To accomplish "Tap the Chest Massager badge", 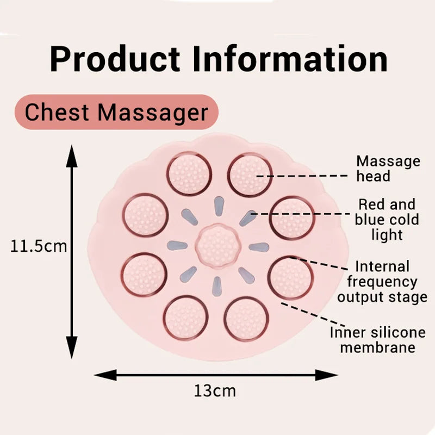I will click(116, 113).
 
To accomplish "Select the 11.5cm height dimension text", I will click(39, 246).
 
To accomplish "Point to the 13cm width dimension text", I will click(215, 390).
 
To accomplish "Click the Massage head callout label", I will click(388, 169).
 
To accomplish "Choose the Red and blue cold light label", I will click(387, 220).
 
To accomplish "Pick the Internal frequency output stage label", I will click(382, 282).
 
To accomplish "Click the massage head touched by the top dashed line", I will click(249, 175).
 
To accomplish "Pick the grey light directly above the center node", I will click(217, 207).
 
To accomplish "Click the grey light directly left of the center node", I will click(178, 246).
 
